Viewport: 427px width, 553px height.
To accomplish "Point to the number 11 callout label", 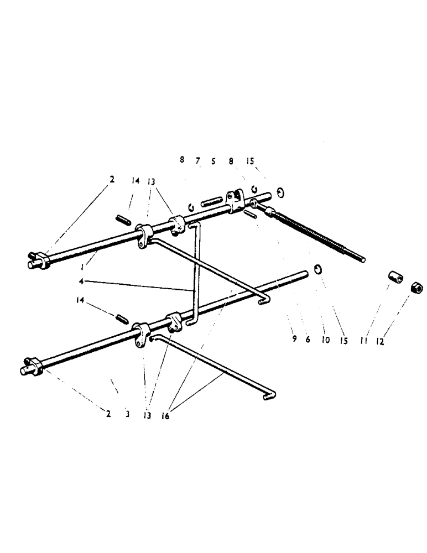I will click(364, 342).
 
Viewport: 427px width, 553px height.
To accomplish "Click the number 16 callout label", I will click(165, 416).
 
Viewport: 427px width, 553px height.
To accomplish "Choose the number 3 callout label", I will click(127, 414).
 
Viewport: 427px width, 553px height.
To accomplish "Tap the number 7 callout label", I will click(197, 161).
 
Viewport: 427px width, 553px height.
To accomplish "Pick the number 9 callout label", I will click(294, 339).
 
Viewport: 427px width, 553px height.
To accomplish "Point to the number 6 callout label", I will click(308, 339).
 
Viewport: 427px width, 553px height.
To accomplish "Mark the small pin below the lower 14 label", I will click(122, 318).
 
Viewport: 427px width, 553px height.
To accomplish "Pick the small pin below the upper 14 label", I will click(123, 220).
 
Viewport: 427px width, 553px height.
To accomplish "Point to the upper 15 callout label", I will click(250, 161).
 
